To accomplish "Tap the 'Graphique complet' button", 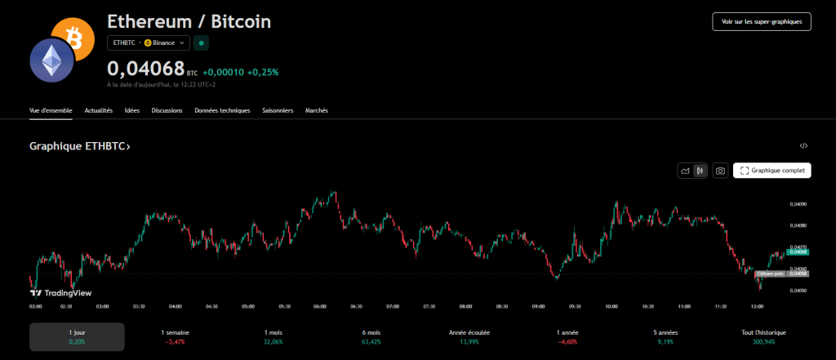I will click(x=772, y=171).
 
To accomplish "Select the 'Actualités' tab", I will click(x=99, y=110).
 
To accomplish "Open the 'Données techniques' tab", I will click(x=222, y=110).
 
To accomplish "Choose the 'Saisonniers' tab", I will click(x=278, y=110).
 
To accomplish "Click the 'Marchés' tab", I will click(x=317, y=110).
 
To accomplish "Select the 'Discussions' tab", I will click(x=167, y=110).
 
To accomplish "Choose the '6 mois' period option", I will click(x=372, y=337).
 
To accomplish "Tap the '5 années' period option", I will click(x=665, y=337).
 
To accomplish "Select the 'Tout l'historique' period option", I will click(x=764, y=337).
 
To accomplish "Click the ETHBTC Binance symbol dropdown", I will click(x=149, y=42).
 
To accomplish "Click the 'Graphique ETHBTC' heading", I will click(x=79, y=146).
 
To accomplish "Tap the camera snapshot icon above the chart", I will click(x=720, y=171).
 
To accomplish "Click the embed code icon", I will click(x=803, y=146).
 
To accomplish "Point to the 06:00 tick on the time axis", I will click(x=320, y=306).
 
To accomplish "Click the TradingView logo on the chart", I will click(x=60, y=292).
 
